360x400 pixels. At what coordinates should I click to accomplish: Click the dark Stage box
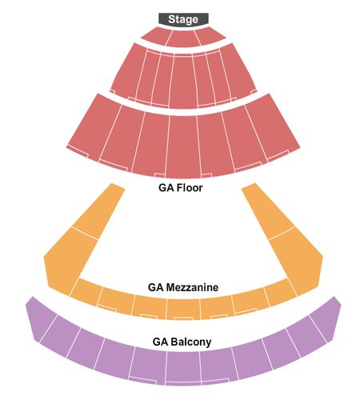183,19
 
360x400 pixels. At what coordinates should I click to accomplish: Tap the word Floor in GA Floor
190,188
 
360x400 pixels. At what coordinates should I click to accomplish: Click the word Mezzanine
192,287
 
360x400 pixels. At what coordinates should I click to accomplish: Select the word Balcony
191,342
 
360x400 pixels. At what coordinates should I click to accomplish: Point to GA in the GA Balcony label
160,342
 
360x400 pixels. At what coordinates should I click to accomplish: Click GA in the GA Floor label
166,188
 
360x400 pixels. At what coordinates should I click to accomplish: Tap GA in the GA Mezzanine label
155,287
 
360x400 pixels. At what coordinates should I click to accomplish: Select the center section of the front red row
183,38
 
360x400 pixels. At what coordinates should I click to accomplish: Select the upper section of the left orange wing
99,210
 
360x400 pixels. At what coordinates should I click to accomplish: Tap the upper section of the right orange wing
267,210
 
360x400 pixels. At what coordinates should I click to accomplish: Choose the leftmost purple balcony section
42,318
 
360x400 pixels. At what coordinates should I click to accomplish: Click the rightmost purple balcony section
326,318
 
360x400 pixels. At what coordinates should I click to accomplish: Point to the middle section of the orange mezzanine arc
183,309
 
